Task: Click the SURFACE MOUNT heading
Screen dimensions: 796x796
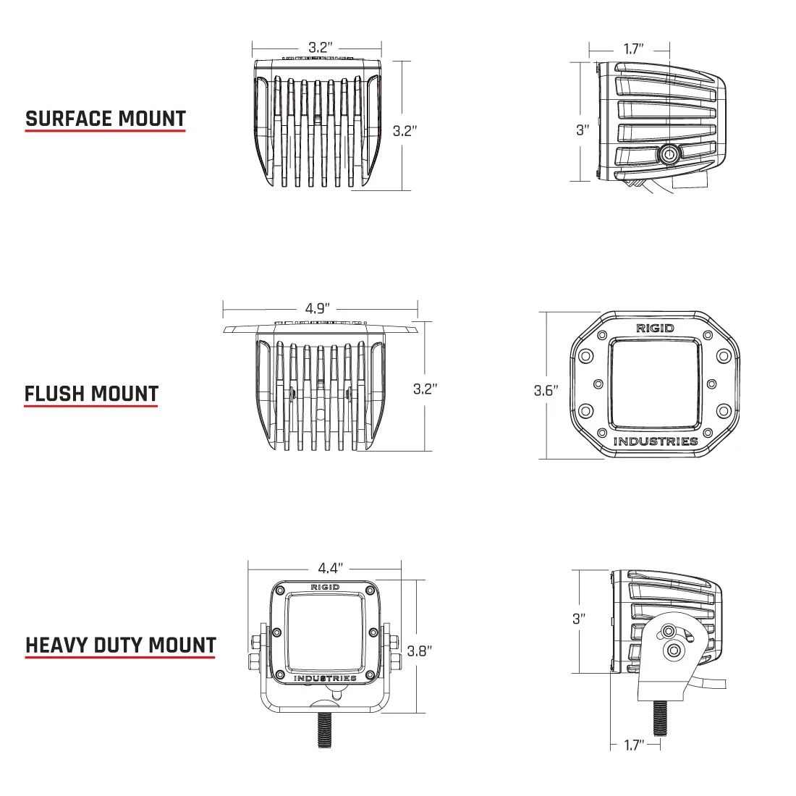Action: tap(106, 119)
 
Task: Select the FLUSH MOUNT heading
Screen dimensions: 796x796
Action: tap(91, 394)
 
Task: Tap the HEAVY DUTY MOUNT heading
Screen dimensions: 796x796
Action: tap(121, 645)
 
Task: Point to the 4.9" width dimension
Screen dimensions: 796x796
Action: tap(319, 308)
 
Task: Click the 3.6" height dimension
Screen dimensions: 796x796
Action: tap(546, 391)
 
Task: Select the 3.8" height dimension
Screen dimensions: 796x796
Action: tap(420, 651)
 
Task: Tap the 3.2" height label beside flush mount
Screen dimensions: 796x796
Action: tap(425, 389)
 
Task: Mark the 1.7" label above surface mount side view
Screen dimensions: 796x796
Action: tap(633, 49)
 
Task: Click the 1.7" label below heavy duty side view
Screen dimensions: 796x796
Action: tap(633, 745)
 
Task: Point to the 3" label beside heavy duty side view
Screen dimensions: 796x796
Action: tap(579, 619)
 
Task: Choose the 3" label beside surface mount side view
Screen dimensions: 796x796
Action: tap(583, 130)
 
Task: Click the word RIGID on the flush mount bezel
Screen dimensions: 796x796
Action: tap(655, 328)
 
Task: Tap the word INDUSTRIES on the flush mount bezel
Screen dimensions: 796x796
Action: tap(656, 441)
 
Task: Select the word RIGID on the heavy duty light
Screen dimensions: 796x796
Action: tap(325, 587)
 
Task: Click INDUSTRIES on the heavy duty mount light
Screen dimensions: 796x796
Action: tap(325, 678)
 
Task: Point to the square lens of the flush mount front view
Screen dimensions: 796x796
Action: tap(655, 384)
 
